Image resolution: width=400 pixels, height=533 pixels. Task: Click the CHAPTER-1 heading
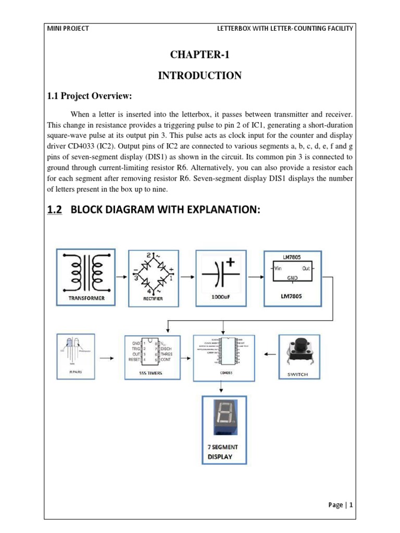click(199, 56)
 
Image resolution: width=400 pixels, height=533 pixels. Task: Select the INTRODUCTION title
click(199, 76)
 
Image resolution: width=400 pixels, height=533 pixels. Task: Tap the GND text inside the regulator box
click(292, 278)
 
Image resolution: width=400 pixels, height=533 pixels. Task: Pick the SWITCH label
click(298, 374)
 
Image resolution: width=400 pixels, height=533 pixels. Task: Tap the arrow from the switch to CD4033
click(268, 354)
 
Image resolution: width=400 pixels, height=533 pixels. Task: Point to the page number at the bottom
click(341, 504)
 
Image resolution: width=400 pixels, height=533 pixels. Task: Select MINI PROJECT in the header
click(68, 28)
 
